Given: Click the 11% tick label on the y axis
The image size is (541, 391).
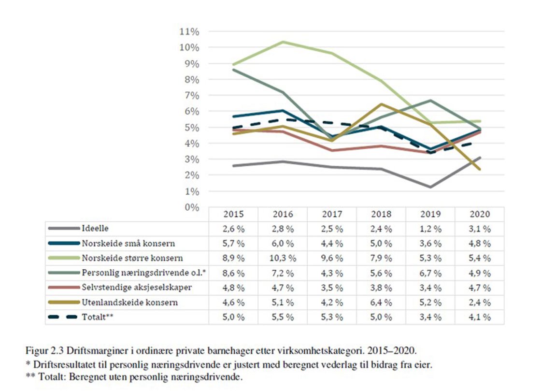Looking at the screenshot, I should (x=189, y=32).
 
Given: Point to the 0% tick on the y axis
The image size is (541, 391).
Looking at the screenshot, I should (x=191, y=207).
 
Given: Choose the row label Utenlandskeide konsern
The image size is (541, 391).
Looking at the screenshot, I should (x=129, y=303).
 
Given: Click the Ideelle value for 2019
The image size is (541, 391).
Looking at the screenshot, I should (x=430, y=229).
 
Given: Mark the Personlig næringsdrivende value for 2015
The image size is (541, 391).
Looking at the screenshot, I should (x=233, y=273).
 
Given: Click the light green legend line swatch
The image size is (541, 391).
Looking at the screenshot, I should (x=63, y=259).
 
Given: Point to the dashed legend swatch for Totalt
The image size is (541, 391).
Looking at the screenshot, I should (x=63, y=318).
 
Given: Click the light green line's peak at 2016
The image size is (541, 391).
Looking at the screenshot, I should (x=282, y=42).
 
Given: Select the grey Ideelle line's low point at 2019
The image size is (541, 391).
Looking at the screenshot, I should (x=430, y=187).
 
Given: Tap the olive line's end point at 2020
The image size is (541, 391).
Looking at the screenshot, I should (x=479, y=169).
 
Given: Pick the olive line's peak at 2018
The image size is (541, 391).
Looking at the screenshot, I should (x=381, y=104).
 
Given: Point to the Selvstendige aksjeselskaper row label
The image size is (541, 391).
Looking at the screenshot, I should (x=137, y=288).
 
